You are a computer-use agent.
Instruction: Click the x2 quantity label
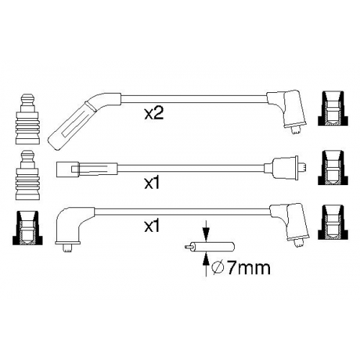click(x=154, y=114)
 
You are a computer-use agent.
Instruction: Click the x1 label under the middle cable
click(x=152, y=184)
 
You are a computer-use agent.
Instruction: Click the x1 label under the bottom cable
click(x=152, y=226)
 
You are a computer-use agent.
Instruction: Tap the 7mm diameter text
click(x=248, y=269)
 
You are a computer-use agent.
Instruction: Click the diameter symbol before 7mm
click(x=218, y=269)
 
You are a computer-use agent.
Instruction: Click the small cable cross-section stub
click(x=210, y=248)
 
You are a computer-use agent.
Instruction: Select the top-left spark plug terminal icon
click(x=27, y=120)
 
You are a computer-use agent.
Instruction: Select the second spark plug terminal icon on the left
click(x=27, y=175)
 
